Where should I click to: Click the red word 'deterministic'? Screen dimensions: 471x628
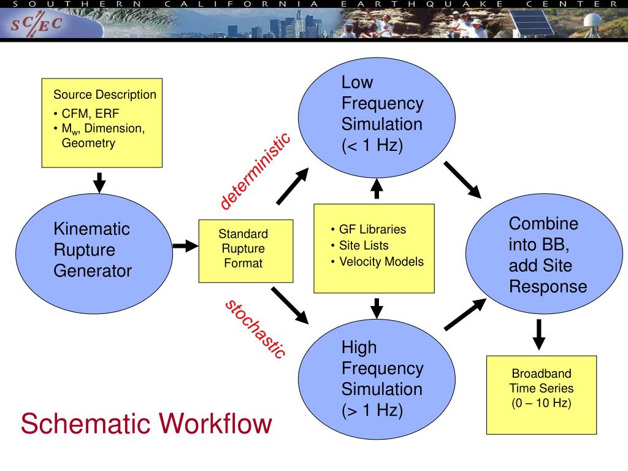255,171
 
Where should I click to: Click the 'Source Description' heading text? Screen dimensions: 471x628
104,95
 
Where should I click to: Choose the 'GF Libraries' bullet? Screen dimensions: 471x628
372,229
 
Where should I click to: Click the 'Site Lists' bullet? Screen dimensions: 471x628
364,245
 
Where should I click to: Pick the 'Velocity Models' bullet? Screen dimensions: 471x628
381,261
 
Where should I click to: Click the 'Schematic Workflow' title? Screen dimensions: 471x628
146,424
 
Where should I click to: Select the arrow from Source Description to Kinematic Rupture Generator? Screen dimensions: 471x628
99,182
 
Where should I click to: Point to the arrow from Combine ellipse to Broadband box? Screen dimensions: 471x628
538,334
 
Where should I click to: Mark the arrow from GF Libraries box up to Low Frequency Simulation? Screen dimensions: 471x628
377,189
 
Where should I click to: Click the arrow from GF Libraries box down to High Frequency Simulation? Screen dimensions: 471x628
377,308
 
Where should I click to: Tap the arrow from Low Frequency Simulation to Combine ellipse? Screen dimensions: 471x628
463,180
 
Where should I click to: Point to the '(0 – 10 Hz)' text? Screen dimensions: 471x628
542,404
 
